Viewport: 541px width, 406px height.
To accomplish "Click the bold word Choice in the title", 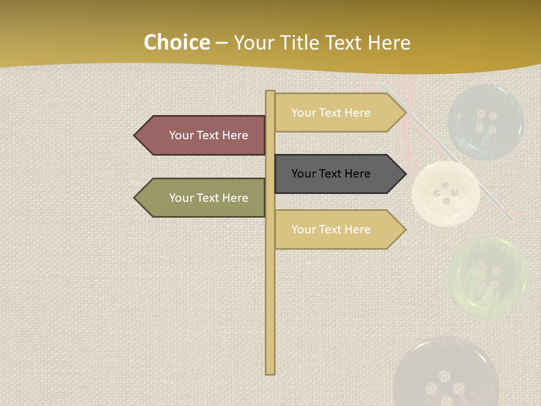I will coord(176,43).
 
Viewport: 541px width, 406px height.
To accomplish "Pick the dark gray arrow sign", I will coord(338,174).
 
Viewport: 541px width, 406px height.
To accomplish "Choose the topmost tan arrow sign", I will coord(338,113).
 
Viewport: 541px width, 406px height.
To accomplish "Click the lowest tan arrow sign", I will coord(338,230).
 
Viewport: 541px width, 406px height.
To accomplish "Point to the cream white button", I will coord(445,193).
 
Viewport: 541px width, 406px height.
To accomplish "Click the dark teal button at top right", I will coord(486,122).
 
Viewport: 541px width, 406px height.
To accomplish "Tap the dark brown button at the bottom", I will coord(445,375).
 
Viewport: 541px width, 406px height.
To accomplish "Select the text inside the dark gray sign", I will coord(331,174).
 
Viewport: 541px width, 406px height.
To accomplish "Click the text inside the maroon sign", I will coord(209,135).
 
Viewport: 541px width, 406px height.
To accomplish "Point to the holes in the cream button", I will coord(445,193).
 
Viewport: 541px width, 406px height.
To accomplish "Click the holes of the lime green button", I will coord(488,276).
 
